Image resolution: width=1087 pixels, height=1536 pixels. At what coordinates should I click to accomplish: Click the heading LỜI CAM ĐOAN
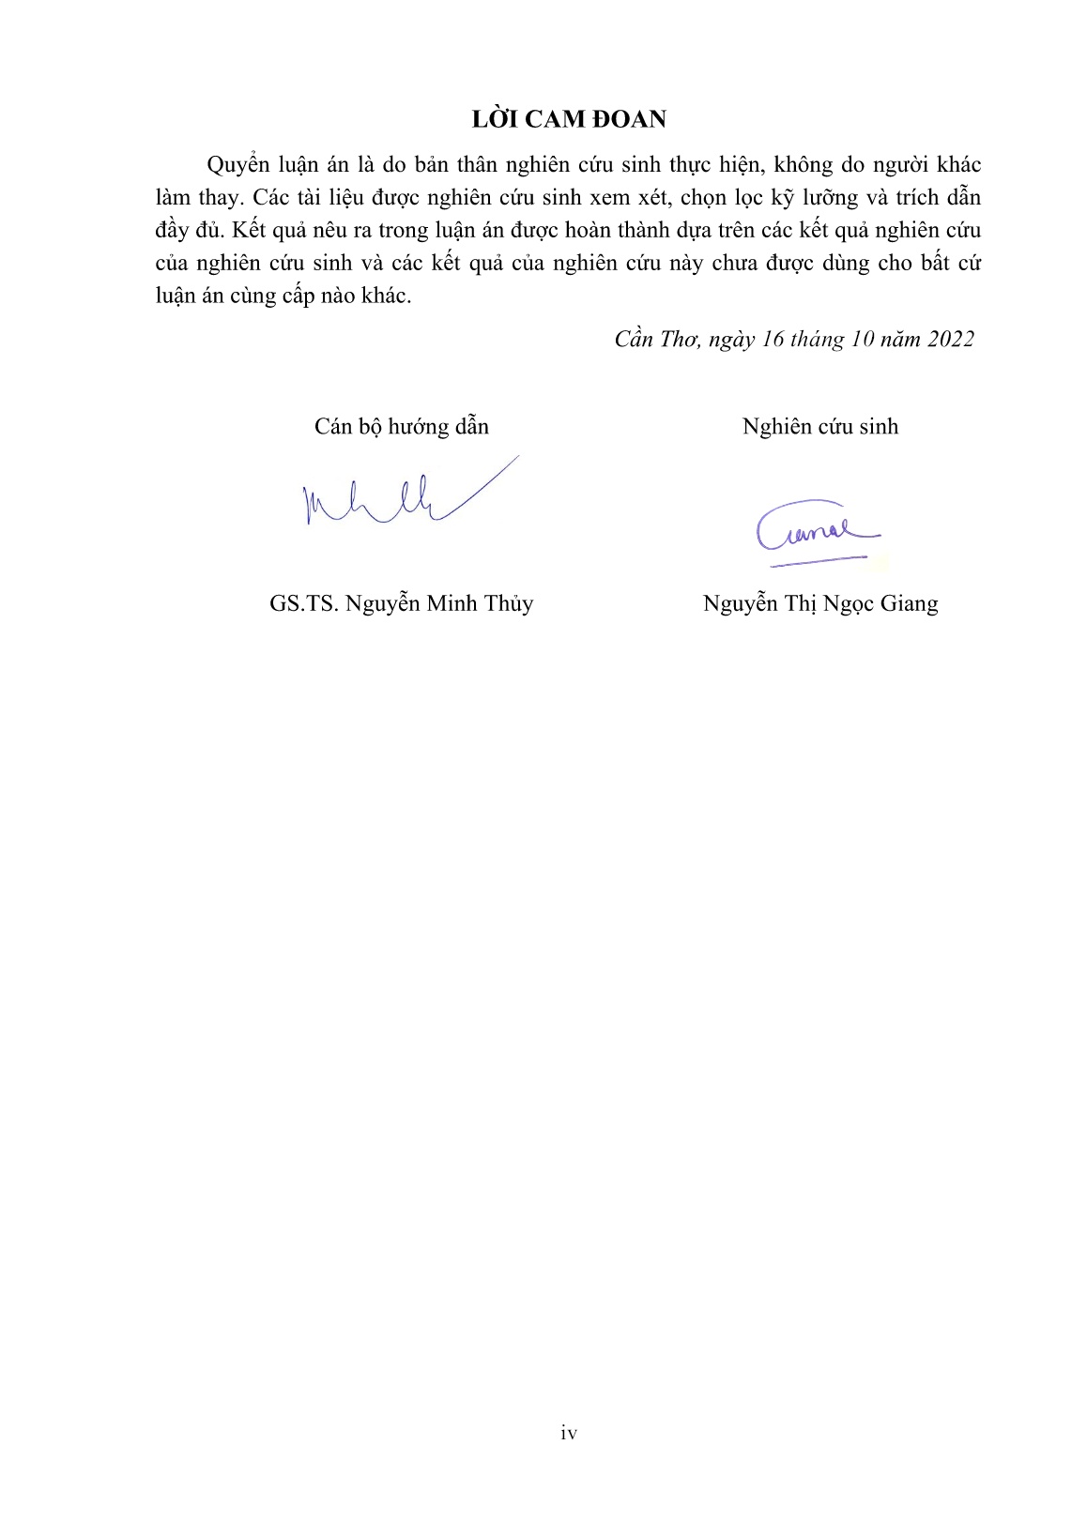(569, 119)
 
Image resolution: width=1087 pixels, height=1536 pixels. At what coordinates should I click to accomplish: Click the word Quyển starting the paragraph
(237, 165)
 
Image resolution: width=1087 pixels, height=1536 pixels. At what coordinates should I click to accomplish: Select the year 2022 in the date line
(950, 339)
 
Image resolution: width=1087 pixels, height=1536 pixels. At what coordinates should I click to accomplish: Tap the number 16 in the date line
(773, 339)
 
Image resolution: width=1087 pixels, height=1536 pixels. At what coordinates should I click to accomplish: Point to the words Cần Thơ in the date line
(652, 339)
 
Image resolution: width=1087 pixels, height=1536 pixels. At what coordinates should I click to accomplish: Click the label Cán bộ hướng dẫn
(402, 427)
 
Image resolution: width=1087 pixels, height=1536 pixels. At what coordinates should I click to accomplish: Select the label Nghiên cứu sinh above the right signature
(819, 427)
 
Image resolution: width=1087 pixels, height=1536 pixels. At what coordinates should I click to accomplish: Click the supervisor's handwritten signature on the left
(404, 495)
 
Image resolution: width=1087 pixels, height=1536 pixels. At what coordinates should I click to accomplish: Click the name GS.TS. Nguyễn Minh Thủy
(401, 603)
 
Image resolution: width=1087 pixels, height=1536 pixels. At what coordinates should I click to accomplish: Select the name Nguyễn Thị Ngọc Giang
(819, 603)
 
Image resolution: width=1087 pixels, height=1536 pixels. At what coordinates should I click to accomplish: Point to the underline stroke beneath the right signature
(817, 561)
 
